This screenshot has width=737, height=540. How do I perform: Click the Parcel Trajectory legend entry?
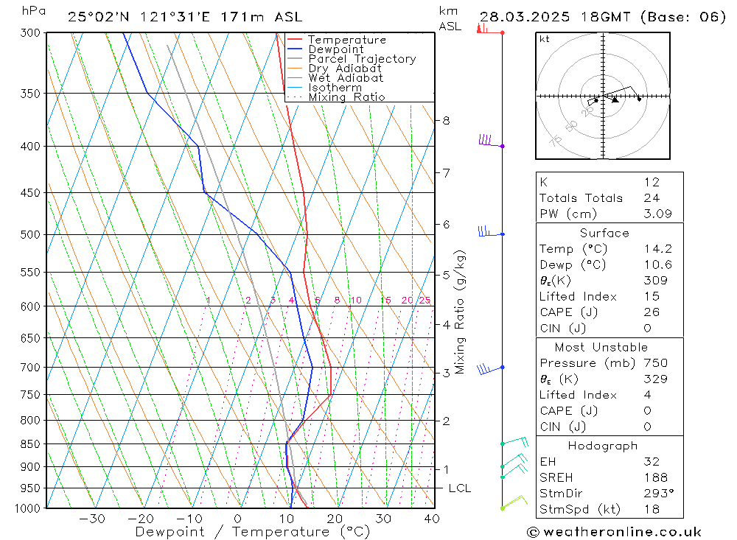click(x=362, y=59)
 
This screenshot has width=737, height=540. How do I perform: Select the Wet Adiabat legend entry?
click(x=346, y=78)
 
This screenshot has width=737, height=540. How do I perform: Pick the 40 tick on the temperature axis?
click(x=433, y=519)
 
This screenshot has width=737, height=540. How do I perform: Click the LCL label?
click(x=459, y=488)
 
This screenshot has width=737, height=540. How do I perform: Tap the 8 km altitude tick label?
click(x=446, y=120)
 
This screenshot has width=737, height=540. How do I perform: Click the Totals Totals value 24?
click(x=651, y=198)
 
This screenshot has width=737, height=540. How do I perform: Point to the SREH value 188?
click(x=654, y=478)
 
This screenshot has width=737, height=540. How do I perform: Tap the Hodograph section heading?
click(x=604, y=446)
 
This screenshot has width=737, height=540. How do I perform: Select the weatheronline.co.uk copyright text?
click(x=615, y=532)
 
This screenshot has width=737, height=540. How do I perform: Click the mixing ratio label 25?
click(x=425, y=300)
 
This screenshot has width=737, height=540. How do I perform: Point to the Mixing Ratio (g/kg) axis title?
click(x=461, y=312)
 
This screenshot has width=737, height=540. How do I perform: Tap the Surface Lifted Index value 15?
click(x=651, y=296)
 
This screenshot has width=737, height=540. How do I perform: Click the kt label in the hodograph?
click(x=544, y=39)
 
